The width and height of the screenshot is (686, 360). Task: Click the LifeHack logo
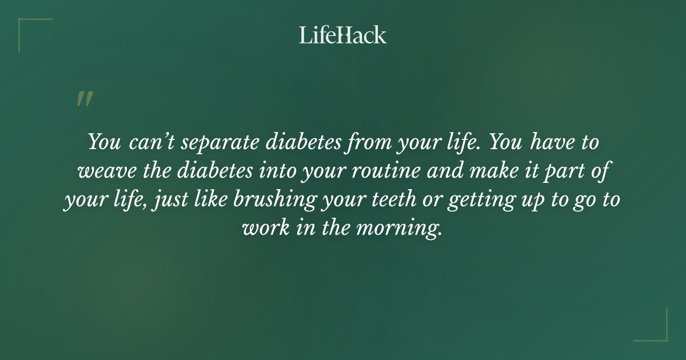(x=343, y=35)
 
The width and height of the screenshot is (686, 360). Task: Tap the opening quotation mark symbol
(x=84, y=99)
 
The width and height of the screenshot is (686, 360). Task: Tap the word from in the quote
(x=366, y=142)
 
